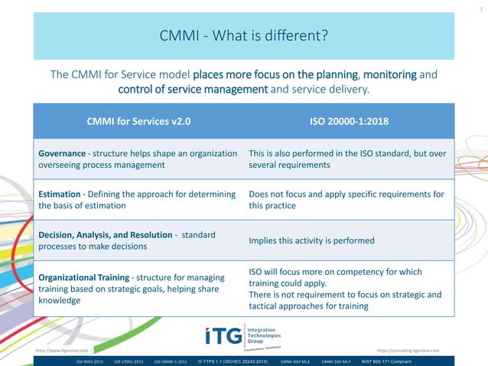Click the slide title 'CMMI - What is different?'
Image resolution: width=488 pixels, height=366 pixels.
pos(243,36)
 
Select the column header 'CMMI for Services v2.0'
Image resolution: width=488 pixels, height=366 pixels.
pos(138,121)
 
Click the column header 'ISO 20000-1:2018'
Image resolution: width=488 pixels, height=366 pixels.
pos(347,121)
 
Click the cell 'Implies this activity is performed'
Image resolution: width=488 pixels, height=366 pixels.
pos(311,240)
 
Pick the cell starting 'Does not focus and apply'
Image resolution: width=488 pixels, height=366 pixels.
pos(346,200)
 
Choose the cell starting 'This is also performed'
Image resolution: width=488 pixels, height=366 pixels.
pos(347,158)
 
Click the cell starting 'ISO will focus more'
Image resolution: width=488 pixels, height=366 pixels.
pos(346,289)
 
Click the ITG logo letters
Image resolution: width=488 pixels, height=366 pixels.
pos(223,335)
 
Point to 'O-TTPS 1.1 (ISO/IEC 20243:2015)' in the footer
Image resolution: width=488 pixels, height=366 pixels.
pos(233,360)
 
